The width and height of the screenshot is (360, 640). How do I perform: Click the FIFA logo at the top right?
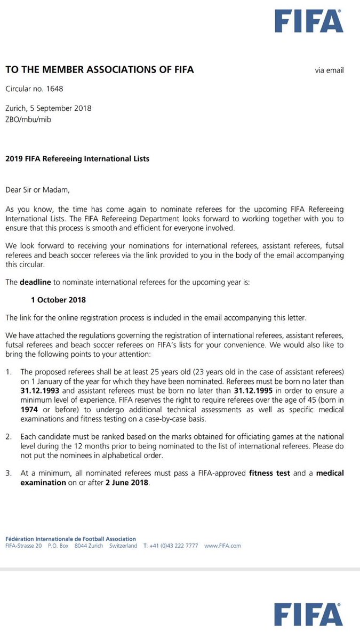[309, 22]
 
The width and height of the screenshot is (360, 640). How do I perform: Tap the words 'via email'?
[330, 70]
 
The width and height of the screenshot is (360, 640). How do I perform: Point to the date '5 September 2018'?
[60, 108]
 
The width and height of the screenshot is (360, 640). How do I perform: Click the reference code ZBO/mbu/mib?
[28, 119]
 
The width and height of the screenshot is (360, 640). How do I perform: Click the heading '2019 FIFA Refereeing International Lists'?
[77, 158]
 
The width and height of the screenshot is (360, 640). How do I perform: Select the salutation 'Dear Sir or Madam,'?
[37, 189]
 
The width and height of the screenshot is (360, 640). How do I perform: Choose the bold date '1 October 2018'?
[59, 300]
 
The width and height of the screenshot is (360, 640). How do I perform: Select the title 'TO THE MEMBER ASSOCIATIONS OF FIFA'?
[99, 69]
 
